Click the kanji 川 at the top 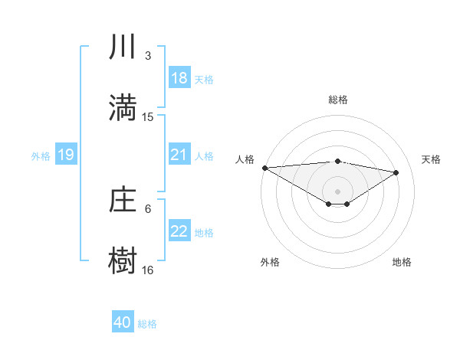click(x=123, y=47)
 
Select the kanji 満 click(x=123, y=107)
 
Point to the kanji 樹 click(x=123, y=260)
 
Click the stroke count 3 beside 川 click(x=148, y=56)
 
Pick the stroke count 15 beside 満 click(x=148, y=117)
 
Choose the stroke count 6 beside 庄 click(x=148, y=208)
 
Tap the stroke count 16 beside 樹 click(x=148, y=270)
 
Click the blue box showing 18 click(x=179, y=77)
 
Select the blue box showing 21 click(x=179, y=155)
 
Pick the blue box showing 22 click(x=179, y=231)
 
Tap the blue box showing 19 click(x=66, y=155)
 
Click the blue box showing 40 click(x=123, y=322)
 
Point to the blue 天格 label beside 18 click(x=204, y=79)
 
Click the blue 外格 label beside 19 click(x=41, y=155)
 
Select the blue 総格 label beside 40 click(x=147, y=324)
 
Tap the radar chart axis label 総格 click(x=337, y=100)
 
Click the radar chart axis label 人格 click(x=245, y=159)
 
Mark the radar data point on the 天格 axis click(x=396, y=172)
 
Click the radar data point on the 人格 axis click(x=264, y=167)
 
